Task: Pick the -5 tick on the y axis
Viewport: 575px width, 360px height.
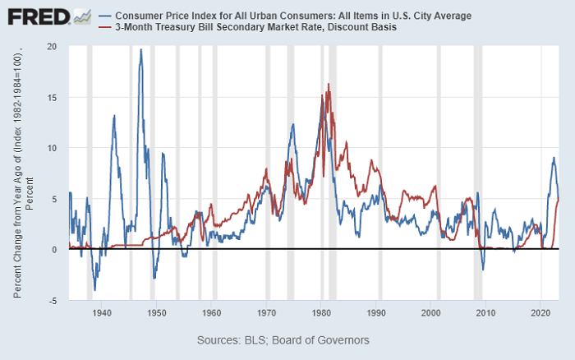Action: [x=52, y=301]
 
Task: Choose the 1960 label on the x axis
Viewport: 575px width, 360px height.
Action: [x=211, y=312]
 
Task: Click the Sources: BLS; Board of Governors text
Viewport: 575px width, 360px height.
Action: [x=283, y=339]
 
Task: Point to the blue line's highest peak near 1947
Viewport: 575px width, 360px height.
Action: [x=140, y=49]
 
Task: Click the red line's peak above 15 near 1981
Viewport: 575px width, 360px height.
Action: [x=329, y=84]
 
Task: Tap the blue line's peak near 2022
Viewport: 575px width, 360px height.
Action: [x=554, y=158]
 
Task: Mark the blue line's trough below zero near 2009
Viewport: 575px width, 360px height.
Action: [x=483, y=270]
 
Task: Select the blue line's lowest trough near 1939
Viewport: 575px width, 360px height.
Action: [x=95, y=289]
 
